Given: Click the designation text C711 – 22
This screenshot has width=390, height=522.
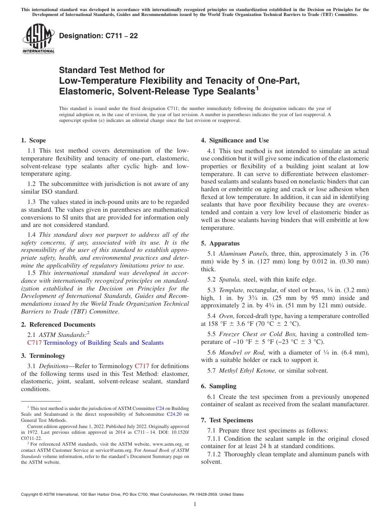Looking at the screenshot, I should [x=99, y=36].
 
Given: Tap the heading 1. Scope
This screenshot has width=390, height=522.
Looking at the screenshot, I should [x=33, y=140].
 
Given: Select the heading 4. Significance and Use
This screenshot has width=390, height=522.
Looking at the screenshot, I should [x=235, y=140].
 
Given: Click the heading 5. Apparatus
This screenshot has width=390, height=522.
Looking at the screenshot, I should [x=220, y=243].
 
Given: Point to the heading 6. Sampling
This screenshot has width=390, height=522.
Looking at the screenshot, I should [x=218, y=386].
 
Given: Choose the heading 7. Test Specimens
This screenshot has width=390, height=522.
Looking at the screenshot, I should [x=227, y=420].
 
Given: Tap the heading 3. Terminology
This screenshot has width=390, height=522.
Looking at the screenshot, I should [x=43, y=355].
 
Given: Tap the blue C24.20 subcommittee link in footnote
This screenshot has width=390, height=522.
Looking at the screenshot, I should [x=178, y=414].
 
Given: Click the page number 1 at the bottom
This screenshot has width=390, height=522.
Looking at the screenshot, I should [x=195, y=504].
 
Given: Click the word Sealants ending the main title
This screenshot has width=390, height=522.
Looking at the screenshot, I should [x=232, y=91].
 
